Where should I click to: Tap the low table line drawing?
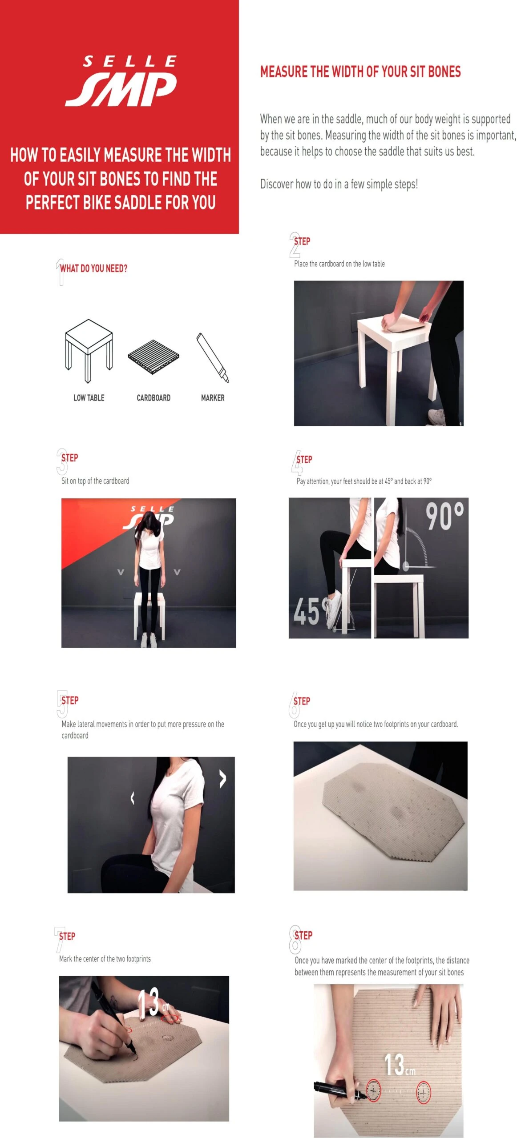(x=89, y=351)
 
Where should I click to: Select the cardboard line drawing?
(x=153, y=357)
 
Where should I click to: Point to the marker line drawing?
(x=213, y=358)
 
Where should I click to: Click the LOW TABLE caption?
(x=89, y=398)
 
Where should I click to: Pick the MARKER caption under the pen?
(x=213, y=398)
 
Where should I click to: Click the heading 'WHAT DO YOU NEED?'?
(x=94, y=268)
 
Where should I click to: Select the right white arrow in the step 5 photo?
(x=222, y=779)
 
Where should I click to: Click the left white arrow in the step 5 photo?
(x=132, y=798)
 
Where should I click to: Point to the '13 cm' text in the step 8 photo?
(x=400, y=1065)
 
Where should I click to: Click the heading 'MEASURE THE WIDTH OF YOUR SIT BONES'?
(x=360, y=72)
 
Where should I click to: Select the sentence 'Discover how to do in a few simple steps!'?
(x=339, y=184)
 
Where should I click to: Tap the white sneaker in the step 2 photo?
(x=437, y=417)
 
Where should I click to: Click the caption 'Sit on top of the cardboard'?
(x=95, y=481)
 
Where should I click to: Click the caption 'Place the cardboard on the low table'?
(x=339, y=264)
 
